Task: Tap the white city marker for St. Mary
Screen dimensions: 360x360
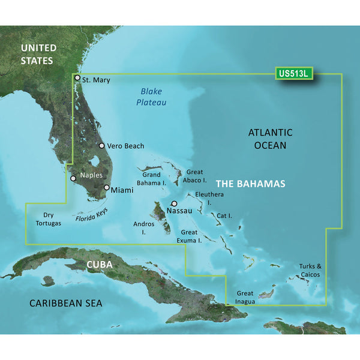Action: tap(77, 77)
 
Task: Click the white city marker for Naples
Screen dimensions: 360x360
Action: tap(73, 178)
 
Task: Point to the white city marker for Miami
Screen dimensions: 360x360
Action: tap(107, 188)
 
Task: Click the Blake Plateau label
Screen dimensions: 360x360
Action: tap(153, 97)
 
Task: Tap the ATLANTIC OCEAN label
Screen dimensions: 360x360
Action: tap(270, 139)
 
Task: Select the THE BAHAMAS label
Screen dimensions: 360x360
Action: tap(250, 184)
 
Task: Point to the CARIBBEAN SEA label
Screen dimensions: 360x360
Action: tap(66, 304)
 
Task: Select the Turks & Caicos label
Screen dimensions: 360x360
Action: tap(310, 270)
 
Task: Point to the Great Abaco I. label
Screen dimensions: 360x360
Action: tap(196, 176)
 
